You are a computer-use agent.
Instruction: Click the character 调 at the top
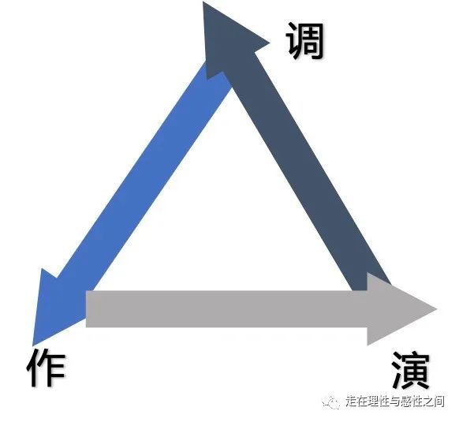(x=304, y=41)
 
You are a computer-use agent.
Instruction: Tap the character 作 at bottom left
(x=47, y=368)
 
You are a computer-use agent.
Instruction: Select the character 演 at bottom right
(x=410, y=371)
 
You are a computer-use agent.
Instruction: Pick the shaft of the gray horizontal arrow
(x=226, y=309)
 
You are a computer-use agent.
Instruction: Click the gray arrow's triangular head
(x=398, y=309)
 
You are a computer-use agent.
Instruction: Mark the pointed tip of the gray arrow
(x=437, y=308)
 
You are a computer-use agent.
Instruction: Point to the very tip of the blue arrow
(x=33, y=345)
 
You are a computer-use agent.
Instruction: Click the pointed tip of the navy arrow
(x=203, y=2)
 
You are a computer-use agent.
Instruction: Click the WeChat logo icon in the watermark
(x=330, y=401)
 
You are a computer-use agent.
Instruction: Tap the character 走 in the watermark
(x=352, y=401)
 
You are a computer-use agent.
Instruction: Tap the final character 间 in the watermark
(x=438, y=401)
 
